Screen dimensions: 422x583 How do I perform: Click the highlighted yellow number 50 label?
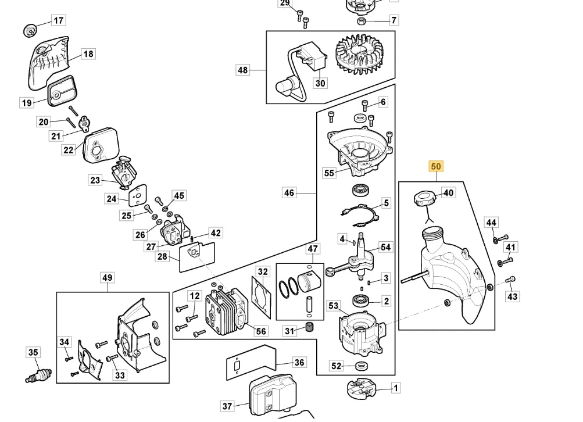tap(436, 166)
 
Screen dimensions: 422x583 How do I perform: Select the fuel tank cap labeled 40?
tap(424, 198)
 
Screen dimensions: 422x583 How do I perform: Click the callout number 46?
tap(289, 193)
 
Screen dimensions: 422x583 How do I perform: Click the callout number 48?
tap(242, 70)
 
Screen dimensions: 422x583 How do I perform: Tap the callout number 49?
tap(107, 277)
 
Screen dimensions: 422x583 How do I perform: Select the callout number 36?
tap(299, 363)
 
